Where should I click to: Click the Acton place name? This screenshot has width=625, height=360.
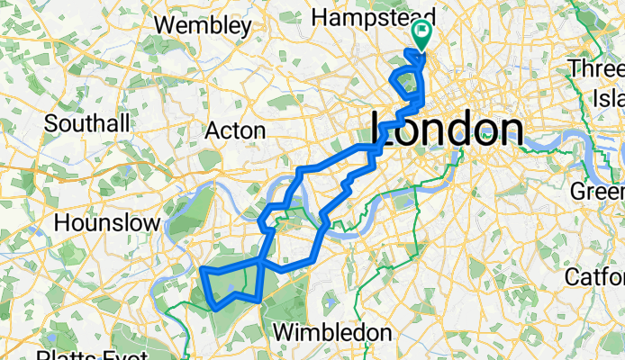[x=235, y=130]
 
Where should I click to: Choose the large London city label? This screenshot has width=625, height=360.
[x=448, y=129]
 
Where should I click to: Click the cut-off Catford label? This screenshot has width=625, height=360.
[x=595, y=276]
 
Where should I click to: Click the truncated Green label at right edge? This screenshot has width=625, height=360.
[x=598, y=192]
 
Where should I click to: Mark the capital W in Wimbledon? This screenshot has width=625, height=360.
[x=283, y=332]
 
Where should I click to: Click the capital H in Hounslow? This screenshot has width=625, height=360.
[x=62, y=221]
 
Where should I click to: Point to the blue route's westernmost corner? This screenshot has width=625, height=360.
[x=201, y=269]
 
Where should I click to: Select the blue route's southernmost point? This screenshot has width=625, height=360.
[x=216, y=309]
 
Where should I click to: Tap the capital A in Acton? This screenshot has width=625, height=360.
[x=213, y=130]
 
